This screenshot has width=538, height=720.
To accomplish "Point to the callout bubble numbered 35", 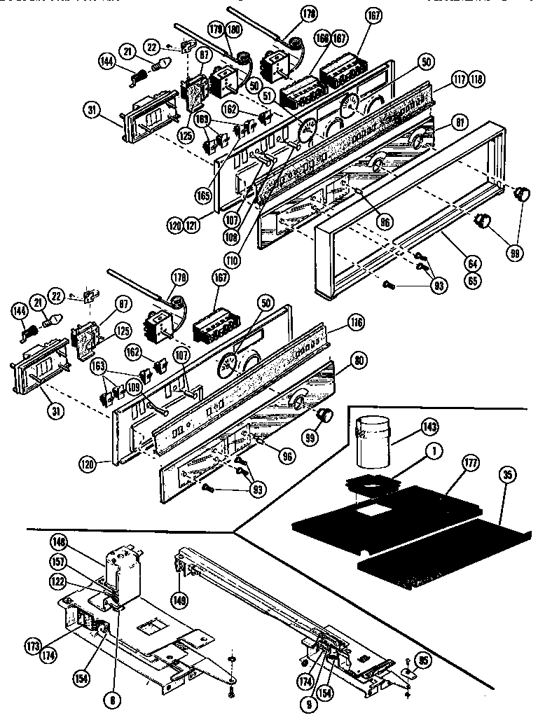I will point(506,474).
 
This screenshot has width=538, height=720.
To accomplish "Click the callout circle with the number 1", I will point(436,452).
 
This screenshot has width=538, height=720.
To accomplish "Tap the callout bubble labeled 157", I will point(58,562).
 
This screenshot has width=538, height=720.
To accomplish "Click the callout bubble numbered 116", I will point(357,323).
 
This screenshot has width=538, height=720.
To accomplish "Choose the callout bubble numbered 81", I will point(441,123).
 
